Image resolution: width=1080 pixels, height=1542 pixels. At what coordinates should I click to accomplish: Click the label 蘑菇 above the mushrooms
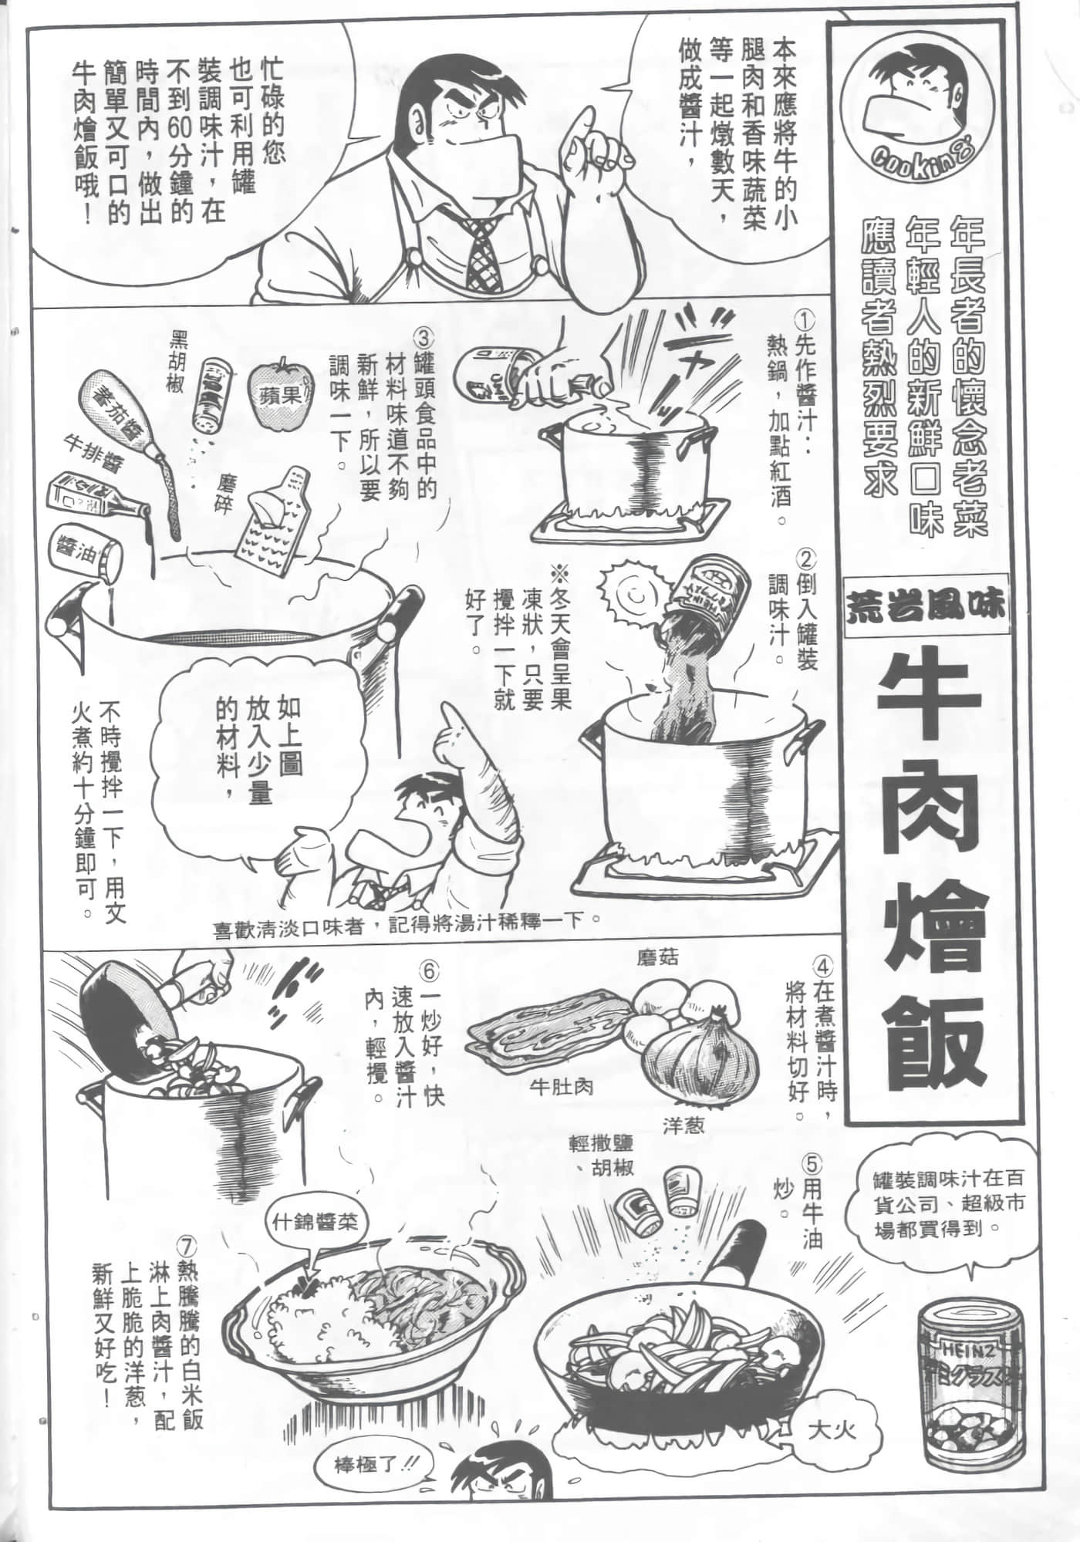(x=657, y=958)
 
